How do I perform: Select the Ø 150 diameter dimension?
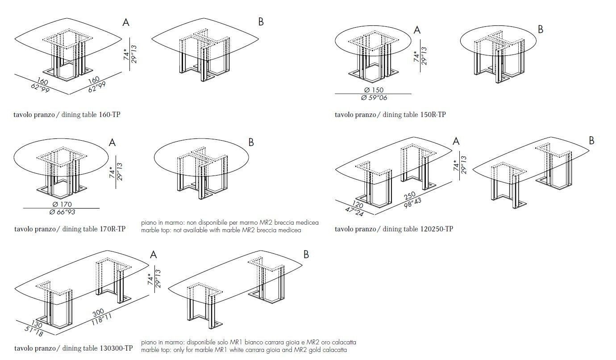[373, 90]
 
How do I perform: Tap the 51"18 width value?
[34, 332]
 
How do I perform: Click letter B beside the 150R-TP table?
[541, 29]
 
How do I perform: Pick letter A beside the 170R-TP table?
[112, 142]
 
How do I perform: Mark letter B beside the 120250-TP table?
[591, 140]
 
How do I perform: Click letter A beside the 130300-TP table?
[154, 255]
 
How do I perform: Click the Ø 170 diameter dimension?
[62, 205]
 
